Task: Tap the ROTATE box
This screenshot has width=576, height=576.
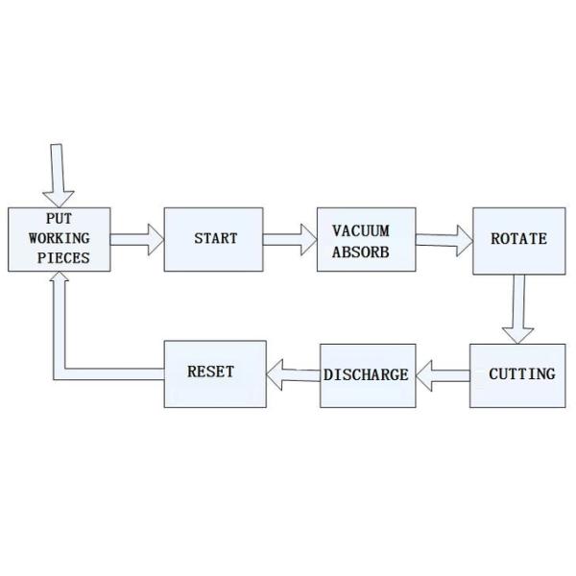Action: click(518, 240)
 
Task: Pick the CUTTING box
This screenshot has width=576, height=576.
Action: click(518, 373)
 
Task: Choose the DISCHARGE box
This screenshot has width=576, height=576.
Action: click(368, 374)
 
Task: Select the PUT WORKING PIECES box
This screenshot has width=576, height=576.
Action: click(59, 239)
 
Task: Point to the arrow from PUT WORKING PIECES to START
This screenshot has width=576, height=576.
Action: click(136, 239)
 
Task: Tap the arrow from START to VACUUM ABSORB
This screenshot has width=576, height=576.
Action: click(290, 239)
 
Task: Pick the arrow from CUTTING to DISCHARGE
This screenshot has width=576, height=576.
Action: click(444, 374)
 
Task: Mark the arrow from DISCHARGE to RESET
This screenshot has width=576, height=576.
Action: click(292, 373)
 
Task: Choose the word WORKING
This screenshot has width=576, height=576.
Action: click(59, 238)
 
